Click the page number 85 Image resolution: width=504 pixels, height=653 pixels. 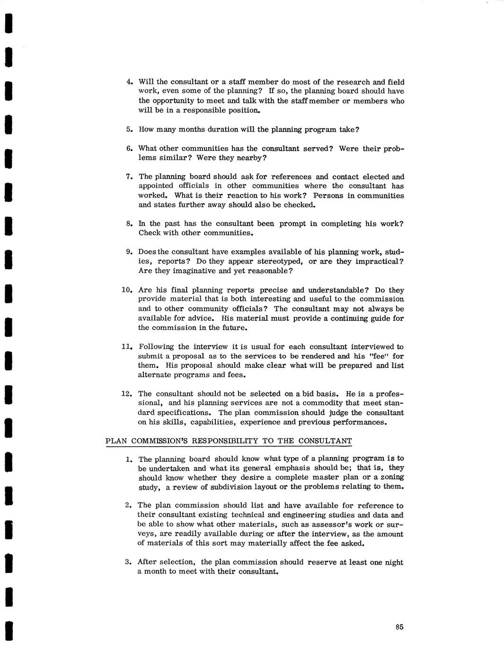tap(399, 627)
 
